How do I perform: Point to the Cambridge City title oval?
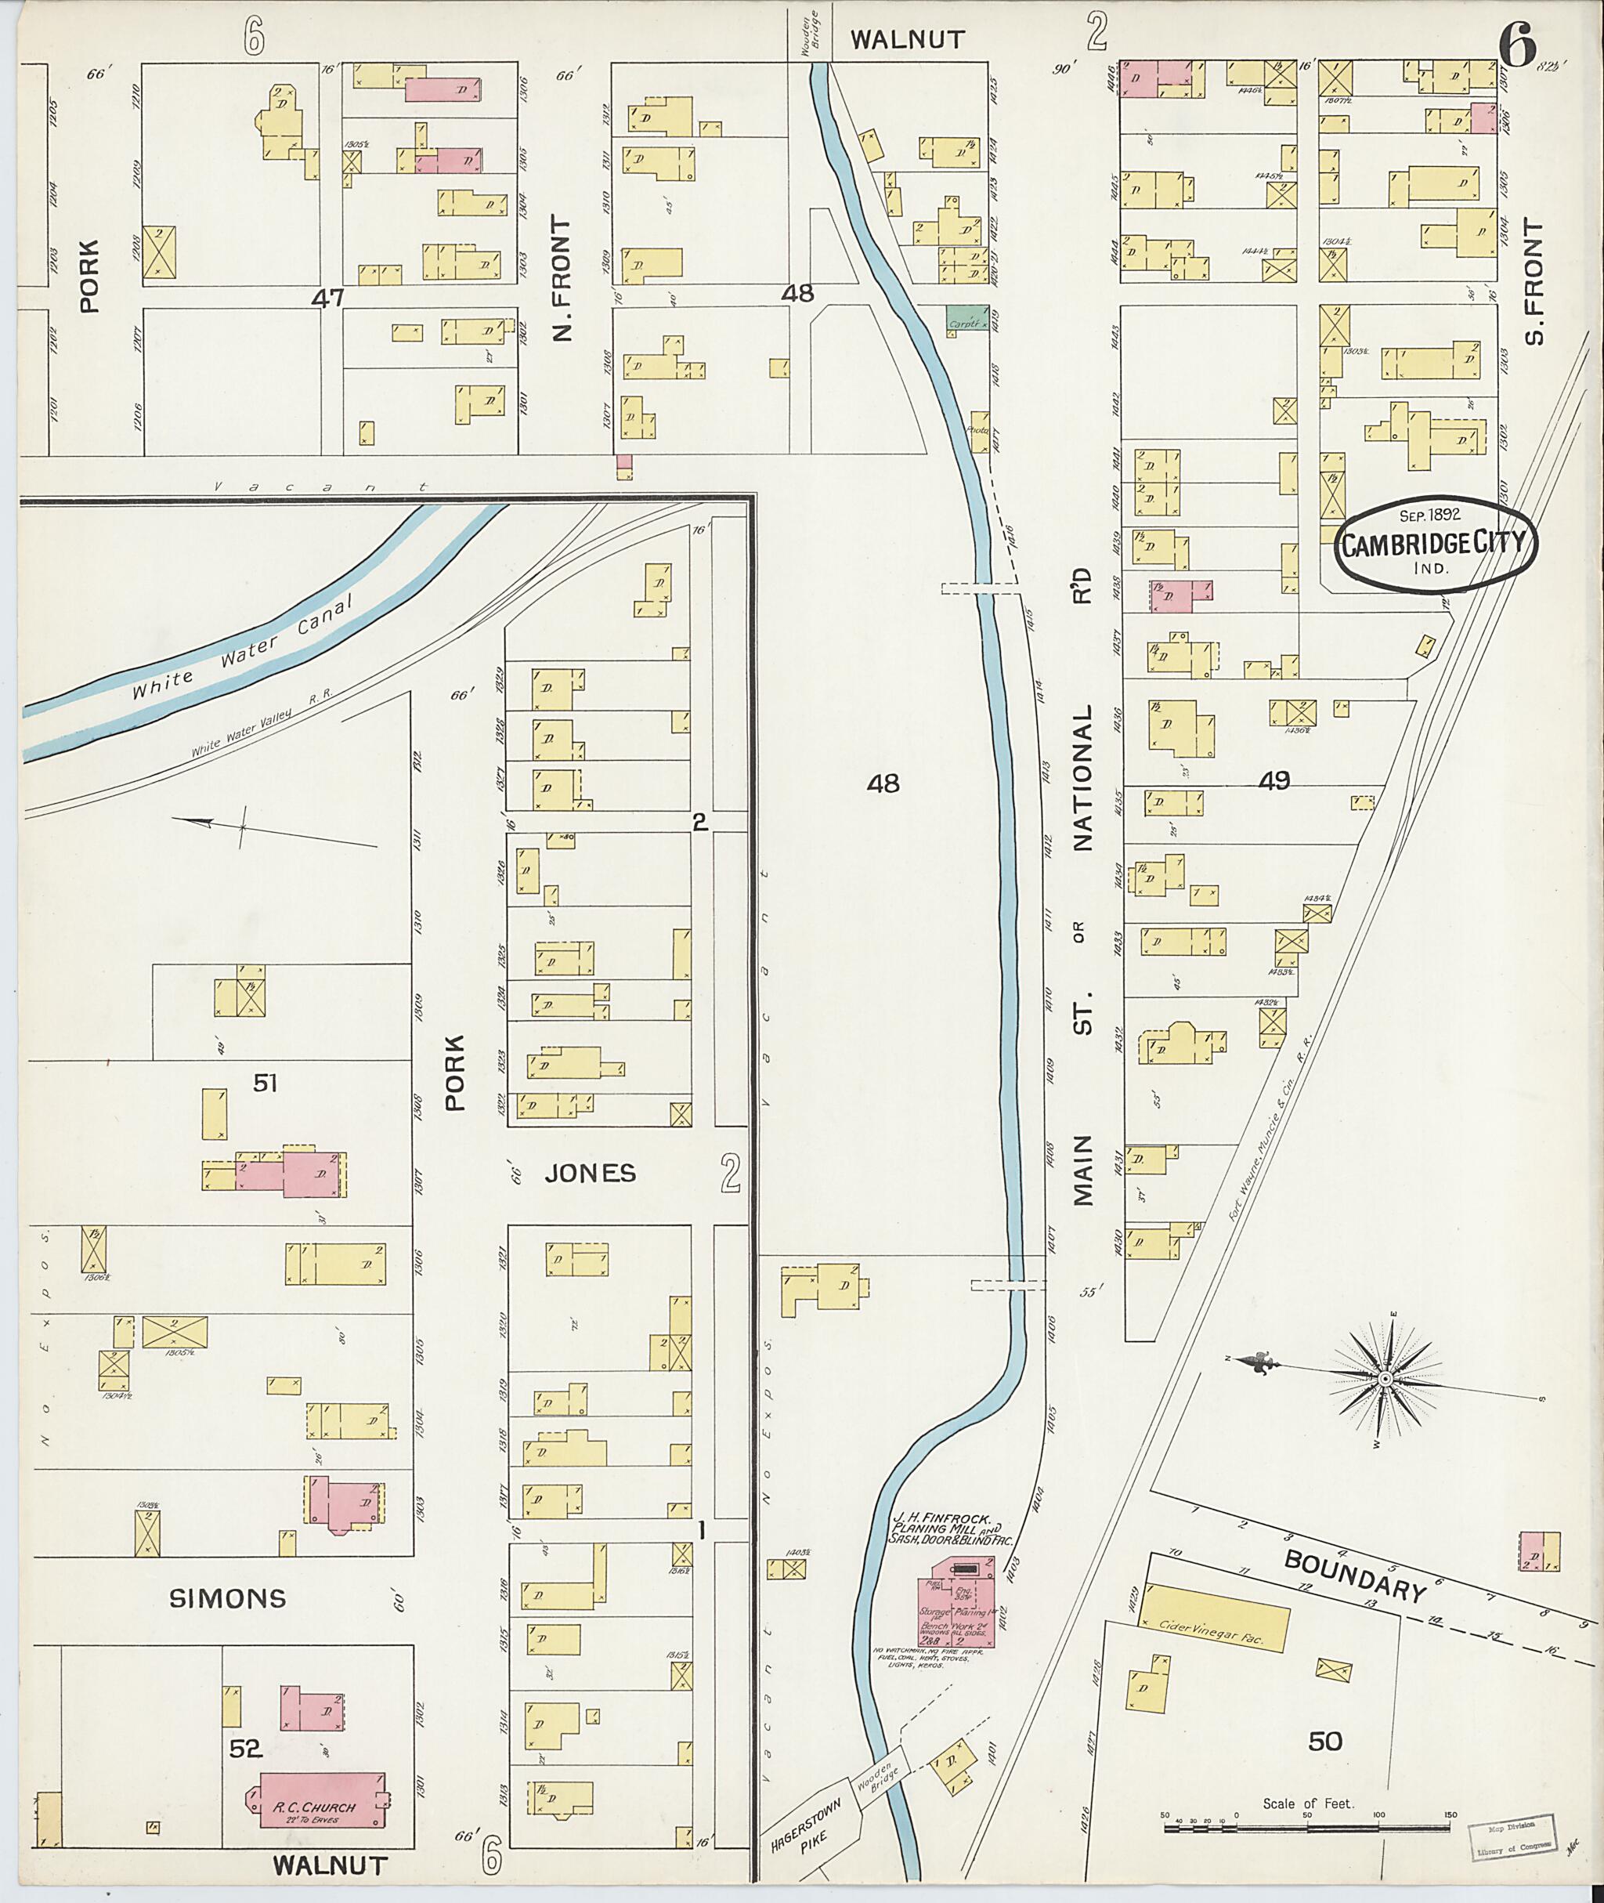(x=1435, y=544)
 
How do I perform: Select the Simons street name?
(x=227, y=1598)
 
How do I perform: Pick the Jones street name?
(x=590, y=1173)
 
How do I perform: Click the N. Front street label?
(x=564, y=278)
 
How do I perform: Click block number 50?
(x=1325, y=1740)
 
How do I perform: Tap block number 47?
(x=328, y=297)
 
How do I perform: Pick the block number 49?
(x=1276, y=780)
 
